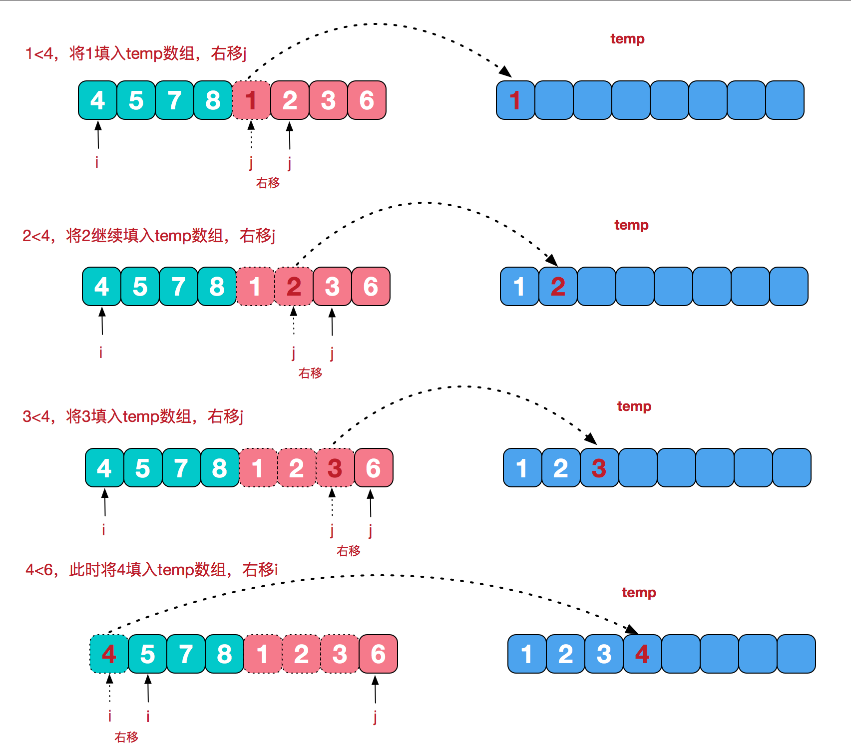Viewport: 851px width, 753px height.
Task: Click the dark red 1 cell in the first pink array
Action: [251, 100]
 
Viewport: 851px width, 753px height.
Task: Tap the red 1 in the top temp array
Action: [515, 100]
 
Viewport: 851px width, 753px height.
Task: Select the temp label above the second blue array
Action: [631, 225]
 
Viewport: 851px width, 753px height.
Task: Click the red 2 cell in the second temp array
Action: [558, 287]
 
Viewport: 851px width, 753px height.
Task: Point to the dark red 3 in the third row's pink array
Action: [335, 468]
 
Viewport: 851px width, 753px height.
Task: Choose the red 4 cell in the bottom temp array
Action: [642, 654]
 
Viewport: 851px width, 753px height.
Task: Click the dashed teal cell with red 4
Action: [109, 654]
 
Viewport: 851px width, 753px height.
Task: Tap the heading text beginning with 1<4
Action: [136, 53]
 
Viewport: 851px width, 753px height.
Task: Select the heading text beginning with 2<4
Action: [149, 235]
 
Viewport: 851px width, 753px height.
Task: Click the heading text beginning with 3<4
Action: [133, 416]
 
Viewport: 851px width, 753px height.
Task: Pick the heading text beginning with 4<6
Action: [151, 569]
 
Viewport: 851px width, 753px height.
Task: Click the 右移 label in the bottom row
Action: [126, 737]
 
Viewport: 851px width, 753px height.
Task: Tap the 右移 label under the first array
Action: [268, 183]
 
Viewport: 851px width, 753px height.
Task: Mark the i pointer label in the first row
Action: [97, 162]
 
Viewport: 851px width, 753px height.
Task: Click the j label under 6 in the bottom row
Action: [375, 717]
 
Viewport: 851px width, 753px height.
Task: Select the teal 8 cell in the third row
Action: [220, 468]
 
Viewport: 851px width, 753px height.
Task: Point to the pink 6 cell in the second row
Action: [371, 287]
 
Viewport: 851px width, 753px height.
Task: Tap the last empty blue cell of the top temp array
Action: [785, 100]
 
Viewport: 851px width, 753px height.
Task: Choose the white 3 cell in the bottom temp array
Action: [604, 654]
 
